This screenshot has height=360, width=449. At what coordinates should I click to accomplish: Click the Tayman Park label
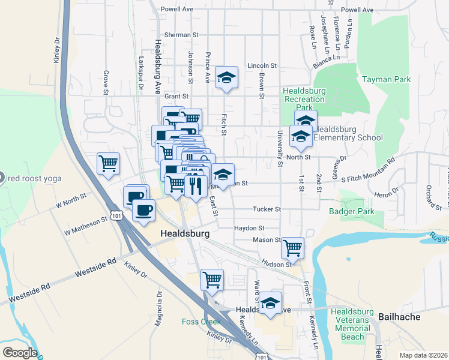386,79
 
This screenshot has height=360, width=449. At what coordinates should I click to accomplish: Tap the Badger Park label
352,211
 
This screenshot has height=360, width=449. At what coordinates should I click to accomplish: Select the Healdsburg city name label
184,233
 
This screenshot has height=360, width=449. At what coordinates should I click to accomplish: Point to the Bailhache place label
400,316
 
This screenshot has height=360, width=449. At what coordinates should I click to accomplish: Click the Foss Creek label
202,322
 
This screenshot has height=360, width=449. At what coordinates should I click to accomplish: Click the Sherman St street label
181,35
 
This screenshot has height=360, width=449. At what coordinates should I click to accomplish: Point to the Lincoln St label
262,65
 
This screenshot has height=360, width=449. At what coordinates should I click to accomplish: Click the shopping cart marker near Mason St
292,247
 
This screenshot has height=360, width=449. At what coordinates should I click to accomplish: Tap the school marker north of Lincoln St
226,77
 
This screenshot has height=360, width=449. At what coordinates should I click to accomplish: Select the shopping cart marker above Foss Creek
212,279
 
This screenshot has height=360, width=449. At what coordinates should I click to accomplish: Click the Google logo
19,353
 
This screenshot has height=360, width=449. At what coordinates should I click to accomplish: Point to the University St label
280,148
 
